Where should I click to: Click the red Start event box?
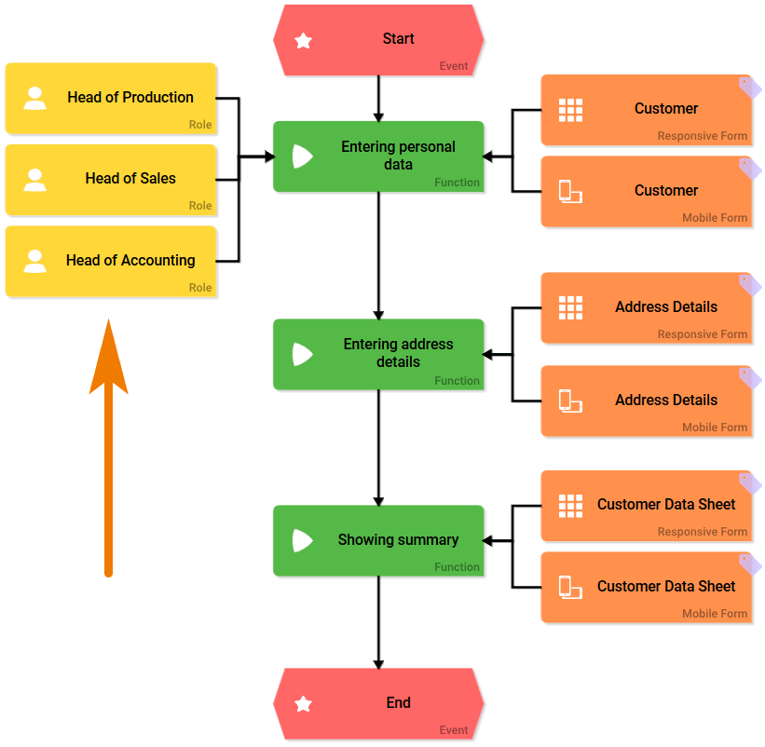coord(378,40)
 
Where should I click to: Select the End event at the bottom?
coord(378,703)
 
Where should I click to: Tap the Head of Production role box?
coord(111,99)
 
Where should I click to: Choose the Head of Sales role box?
coord(111,180)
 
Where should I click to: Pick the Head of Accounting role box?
coord(111,262)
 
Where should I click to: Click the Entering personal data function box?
coord(378,156)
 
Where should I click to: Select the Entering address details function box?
coord(378,354)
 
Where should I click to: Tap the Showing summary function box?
coord(378,540)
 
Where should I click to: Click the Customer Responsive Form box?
coord(646,110)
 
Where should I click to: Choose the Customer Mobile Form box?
coord(646,192)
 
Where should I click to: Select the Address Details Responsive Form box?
coord(646,308)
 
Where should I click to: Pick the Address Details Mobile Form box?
coord(646,401)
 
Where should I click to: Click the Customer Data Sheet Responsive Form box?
coord(646,506)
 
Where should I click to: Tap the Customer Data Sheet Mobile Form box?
coord(646,588)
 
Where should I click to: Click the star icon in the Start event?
coord(303,41)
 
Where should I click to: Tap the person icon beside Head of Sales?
coord(35,180)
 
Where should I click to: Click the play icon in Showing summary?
coord(302,540)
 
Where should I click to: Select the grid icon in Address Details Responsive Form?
coord(570,307)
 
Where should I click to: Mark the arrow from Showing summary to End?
coord(378,619)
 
